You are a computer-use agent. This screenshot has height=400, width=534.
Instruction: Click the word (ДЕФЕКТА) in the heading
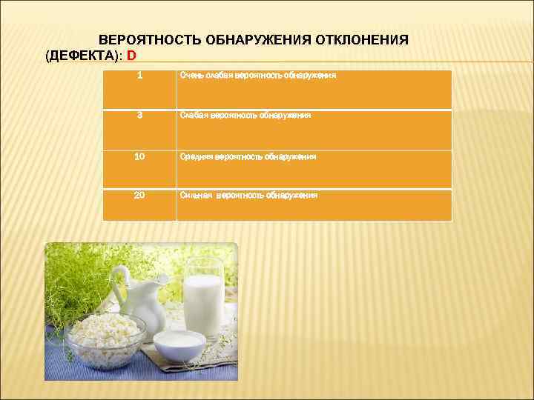(x=82, y=56)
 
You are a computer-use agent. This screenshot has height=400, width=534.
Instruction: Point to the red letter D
(x=132, y=56)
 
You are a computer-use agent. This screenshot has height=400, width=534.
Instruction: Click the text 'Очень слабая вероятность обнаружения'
(x=258, y=76)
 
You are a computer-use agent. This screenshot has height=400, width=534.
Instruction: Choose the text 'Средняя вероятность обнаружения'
(x=248, y=156)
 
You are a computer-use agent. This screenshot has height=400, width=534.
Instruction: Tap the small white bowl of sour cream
(x=179, y=346)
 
